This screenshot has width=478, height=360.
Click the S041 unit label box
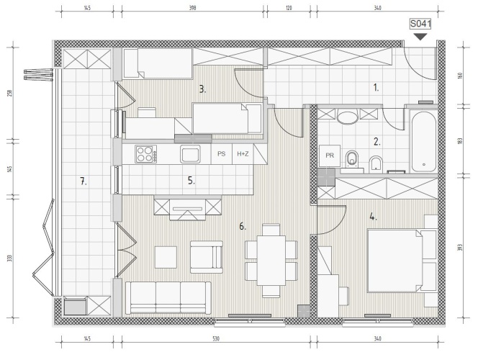[420, 24]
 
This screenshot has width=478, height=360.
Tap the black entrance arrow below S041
[421, 37]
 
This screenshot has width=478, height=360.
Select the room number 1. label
[376, 88]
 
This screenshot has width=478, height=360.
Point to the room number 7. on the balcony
[84, 181]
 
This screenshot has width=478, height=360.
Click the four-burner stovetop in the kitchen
[146, 154]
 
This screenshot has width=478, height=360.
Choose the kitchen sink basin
[190, 154]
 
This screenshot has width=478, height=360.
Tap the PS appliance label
[222, 154]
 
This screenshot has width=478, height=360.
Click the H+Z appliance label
[243, 154]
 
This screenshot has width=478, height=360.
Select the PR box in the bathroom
[330, 156]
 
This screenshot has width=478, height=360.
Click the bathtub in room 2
[423, 141]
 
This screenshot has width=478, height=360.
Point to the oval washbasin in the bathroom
[347, 117]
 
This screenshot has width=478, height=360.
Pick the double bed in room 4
[402, 261]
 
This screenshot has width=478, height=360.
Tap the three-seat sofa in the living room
[168, 298]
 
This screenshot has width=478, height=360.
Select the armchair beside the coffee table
[207, 257]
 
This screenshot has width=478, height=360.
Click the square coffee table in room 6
[166, 257]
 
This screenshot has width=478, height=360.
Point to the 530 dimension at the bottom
[216, 338]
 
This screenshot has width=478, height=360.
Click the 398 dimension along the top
[192, 8]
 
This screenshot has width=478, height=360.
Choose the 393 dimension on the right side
[460, 247]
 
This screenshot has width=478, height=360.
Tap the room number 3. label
[202, 89]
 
